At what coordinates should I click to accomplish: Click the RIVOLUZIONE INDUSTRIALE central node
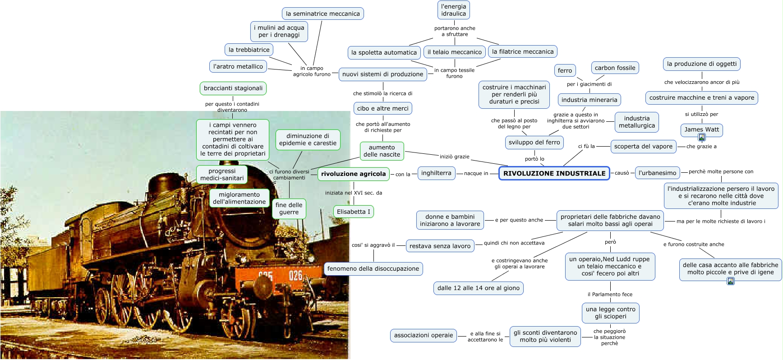coord(554,173)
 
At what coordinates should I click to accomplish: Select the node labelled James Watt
coord(701,129)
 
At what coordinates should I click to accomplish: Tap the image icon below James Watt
coord(702,137)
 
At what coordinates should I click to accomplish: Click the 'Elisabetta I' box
coord(353,212)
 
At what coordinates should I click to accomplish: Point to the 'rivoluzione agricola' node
coord(353,174)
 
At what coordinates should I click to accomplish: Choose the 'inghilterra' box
coord(436,173)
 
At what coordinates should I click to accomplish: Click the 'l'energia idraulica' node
coord(453,10)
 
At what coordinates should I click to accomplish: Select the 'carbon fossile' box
coord(615,68)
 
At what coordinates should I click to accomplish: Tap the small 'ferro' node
coord(565,70)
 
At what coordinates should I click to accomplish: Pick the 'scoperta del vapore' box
coord(643,146)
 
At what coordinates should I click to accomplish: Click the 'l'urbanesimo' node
coord(657,173)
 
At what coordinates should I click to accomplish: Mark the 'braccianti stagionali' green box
coord(233,88)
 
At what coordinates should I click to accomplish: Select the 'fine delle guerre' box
coord(289,208)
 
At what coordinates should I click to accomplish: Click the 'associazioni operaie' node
coord(423,335)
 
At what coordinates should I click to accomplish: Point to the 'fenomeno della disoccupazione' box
coord(373,268)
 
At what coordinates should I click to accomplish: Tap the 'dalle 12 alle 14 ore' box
coord(478,288)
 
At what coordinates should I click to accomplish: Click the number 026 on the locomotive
coord(295,275)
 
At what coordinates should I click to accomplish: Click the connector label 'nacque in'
coord(476,173)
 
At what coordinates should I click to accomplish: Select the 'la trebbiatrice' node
coord(249,50)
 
